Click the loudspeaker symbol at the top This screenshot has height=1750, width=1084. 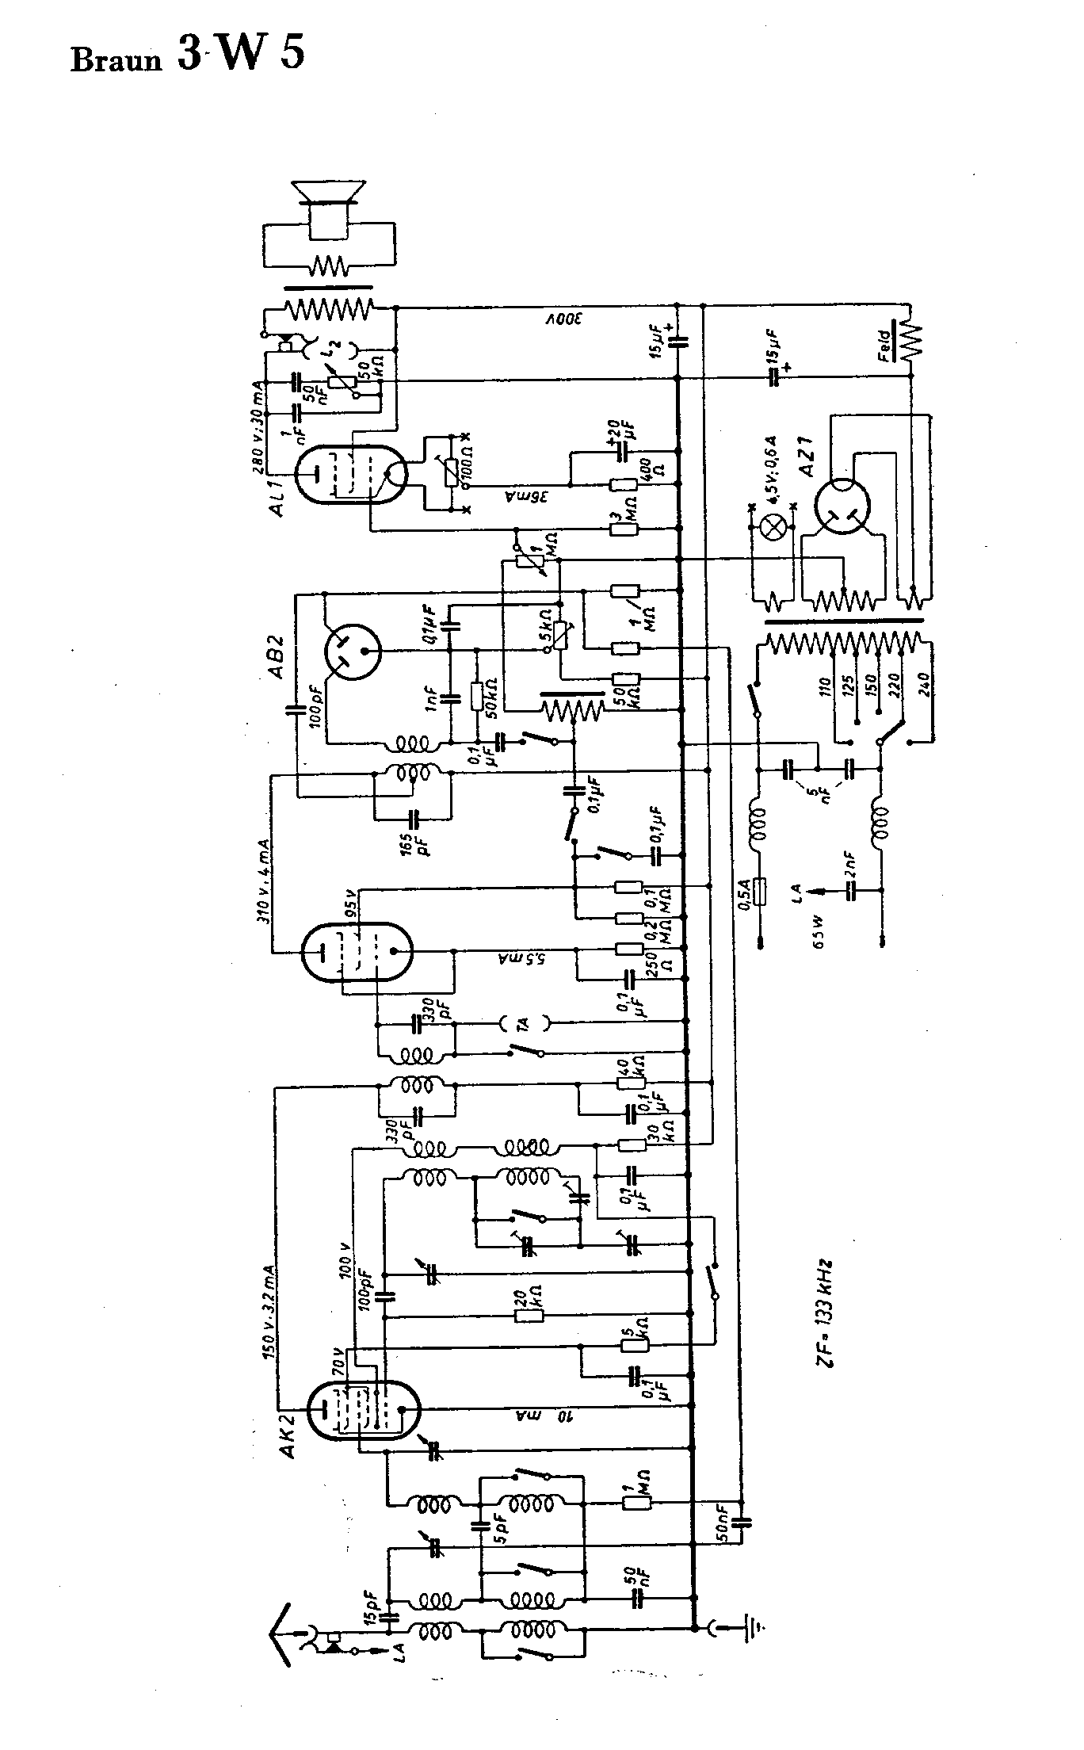(328, 208)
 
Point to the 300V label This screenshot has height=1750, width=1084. (563, 319)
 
